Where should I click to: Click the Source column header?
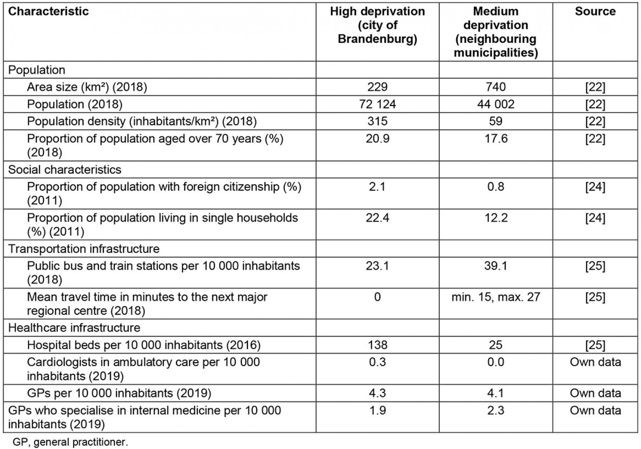[595, 11]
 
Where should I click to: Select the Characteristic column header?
[48, 11]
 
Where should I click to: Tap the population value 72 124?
[377, 104]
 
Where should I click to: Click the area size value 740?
[496, 87]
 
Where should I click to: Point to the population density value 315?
[377, 122]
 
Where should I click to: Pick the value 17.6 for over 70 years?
[496, 139]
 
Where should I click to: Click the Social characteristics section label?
[65, 170]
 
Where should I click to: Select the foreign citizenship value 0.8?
[496, 187]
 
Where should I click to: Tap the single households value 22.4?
[377, 218]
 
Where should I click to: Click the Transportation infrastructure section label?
[84, 249]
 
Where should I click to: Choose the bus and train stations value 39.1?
[496, 266]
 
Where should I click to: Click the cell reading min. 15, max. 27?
[496, 297]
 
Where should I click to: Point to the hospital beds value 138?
[377, 345]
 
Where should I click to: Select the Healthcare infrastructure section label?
[74, 328]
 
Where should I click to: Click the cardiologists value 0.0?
[496, 362]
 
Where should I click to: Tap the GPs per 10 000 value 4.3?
[377, 393]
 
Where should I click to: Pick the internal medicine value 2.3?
[496, 411]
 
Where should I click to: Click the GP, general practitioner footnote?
[70, 443]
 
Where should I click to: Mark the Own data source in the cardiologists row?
[595, 362]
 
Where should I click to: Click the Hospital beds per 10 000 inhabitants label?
[143, 345]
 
